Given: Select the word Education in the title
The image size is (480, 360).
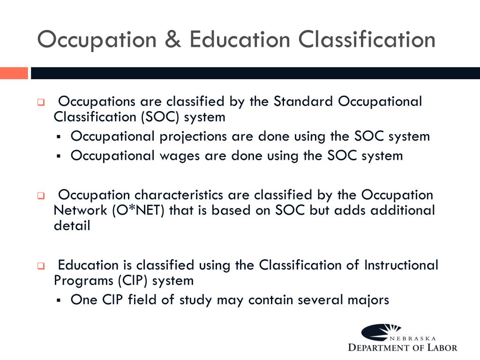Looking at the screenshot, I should (240, 39).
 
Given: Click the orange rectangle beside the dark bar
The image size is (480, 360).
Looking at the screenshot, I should (14, 73).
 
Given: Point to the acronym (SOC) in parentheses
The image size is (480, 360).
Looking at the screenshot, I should (159, 117).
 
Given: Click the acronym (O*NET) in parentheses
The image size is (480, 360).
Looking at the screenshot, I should (138, 210).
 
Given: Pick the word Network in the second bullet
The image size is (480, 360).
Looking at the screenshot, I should (81, 210).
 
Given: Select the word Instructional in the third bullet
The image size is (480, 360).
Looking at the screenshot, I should (401, 265).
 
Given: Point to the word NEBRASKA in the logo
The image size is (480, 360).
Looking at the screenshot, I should (412, 338).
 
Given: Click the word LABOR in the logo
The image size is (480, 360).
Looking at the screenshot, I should (441, 347).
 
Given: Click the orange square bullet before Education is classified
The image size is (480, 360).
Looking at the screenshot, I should (41, 266).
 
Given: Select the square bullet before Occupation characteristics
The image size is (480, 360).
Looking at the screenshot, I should (41, 196).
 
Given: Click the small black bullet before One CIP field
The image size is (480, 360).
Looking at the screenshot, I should (59, 300).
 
